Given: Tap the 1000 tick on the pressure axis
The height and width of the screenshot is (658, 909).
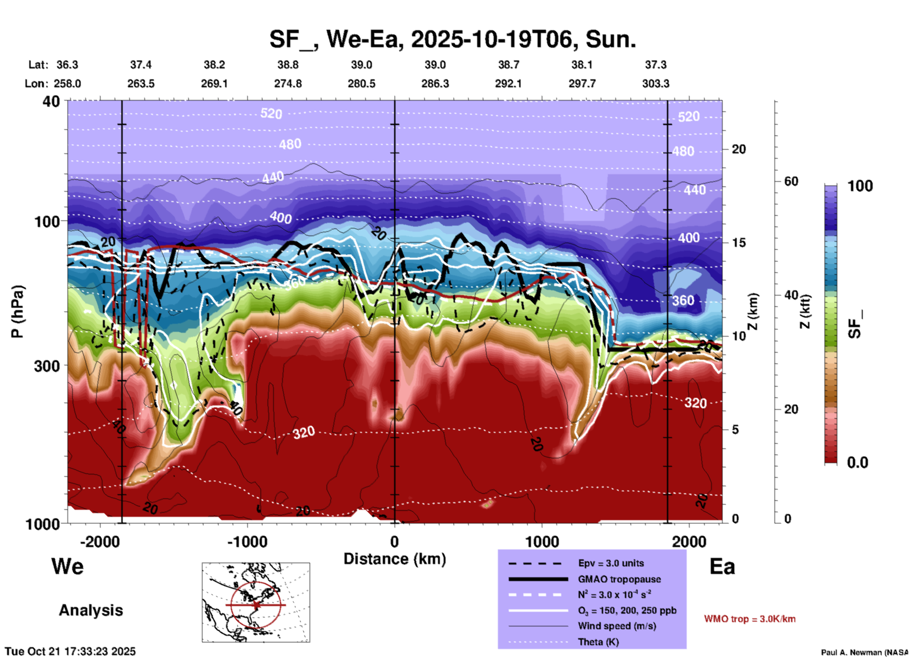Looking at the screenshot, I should click(47, 524).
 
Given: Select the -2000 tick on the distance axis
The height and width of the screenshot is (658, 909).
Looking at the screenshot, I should click(100, 541).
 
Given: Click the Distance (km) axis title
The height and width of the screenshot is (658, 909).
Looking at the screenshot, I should click(395, 559).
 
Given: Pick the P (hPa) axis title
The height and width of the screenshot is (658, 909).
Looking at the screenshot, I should click(17, 312).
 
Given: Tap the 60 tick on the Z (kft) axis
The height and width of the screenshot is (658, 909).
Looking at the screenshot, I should click(791, 181).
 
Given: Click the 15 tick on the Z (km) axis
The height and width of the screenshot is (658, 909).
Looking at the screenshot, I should click(739, 243).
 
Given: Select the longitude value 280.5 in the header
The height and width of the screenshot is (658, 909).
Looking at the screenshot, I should click(362, 84).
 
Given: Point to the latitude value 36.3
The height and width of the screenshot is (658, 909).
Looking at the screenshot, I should click(67, 65).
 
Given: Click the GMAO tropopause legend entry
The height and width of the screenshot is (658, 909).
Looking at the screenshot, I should click(619, 579).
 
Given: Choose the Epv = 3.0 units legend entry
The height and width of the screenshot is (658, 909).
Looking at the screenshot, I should click(611, 563).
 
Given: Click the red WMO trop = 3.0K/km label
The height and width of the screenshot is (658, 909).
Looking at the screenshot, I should click(749, 619).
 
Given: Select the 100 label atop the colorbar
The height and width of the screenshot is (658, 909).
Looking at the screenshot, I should click(860, 186).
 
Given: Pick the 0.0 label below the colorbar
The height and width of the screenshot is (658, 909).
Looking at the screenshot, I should click(858, 463).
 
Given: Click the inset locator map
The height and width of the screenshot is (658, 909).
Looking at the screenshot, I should click(256, 602).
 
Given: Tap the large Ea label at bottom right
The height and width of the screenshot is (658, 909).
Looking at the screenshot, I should click(722, 566).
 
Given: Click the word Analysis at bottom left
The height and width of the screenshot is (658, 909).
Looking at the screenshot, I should click(91, 610).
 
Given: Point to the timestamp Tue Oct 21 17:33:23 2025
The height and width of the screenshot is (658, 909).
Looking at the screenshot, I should click(70, 651).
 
